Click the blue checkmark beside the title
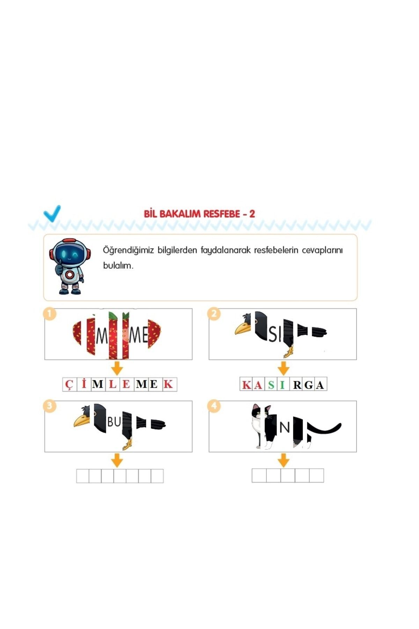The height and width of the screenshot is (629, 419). tap(52, 213)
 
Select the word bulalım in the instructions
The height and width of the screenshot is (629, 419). tap(118, 265)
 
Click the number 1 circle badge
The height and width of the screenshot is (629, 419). tap(50, 313)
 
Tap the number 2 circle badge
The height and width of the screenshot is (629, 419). tap(214, 313)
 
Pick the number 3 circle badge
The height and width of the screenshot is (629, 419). tap(50, 406)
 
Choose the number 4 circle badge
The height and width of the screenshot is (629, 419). tap(214, 406)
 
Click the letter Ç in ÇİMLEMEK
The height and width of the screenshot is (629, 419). tap(69, 384)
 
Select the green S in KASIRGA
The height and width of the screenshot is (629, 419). tap(271, 385)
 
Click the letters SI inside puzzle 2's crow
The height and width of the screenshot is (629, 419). tap(274, 335)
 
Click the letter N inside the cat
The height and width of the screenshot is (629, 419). tap(285, 427)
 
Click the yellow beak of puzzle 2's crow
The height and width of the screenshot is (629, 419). tap(242, 328)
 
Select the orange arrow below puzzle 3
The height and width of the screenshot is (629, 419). tap(117, 460)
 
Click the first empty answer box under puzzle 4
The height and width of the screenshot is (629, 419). tap(259, 476)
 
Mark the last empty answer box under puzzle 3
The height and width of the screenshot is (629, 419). tap(157, 476)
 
